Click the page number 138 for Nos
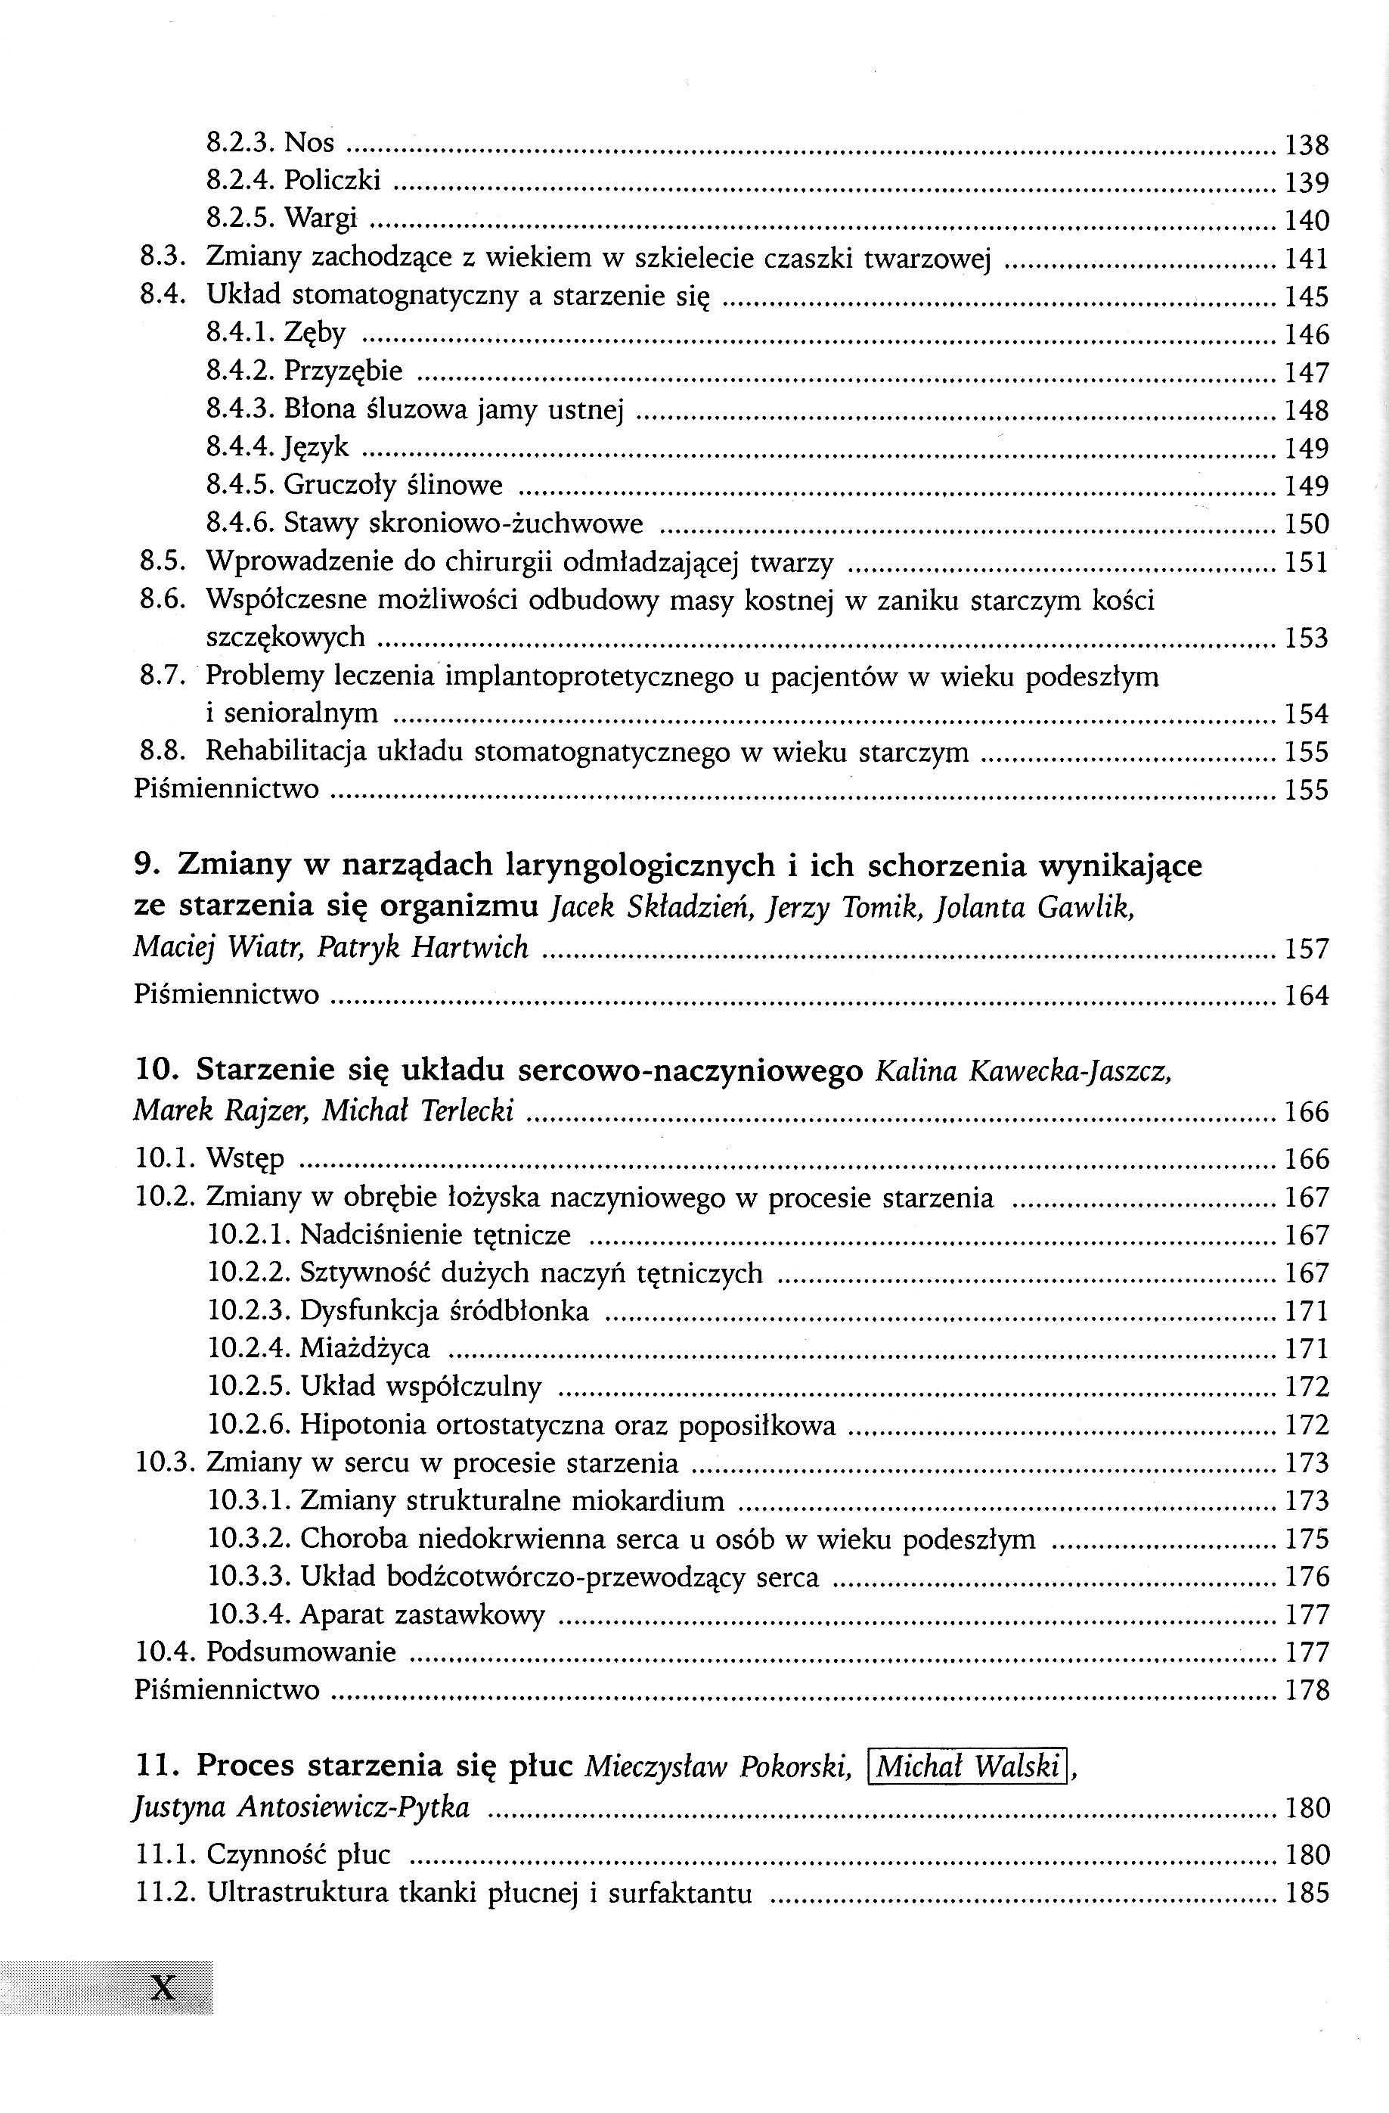click(x=1307, y=144)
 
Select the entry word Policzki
click(x=332, y=181)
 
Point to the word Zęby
click(x=315, y=334)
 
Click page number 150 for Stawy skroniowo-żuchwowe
click(x=1307, y=525)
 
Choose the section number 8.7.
click(x=163, y=676)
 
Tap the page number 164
click(x=1307, y=996)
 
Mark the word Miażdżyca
click(x=364, y=1349)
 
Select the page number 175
click(x=1307, y=1539)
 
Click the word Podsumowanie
click(x=301, y=1652)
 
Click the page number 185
click(x=1307, y=1894)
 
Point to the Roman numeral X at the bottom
click(x=163, y=1986)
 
